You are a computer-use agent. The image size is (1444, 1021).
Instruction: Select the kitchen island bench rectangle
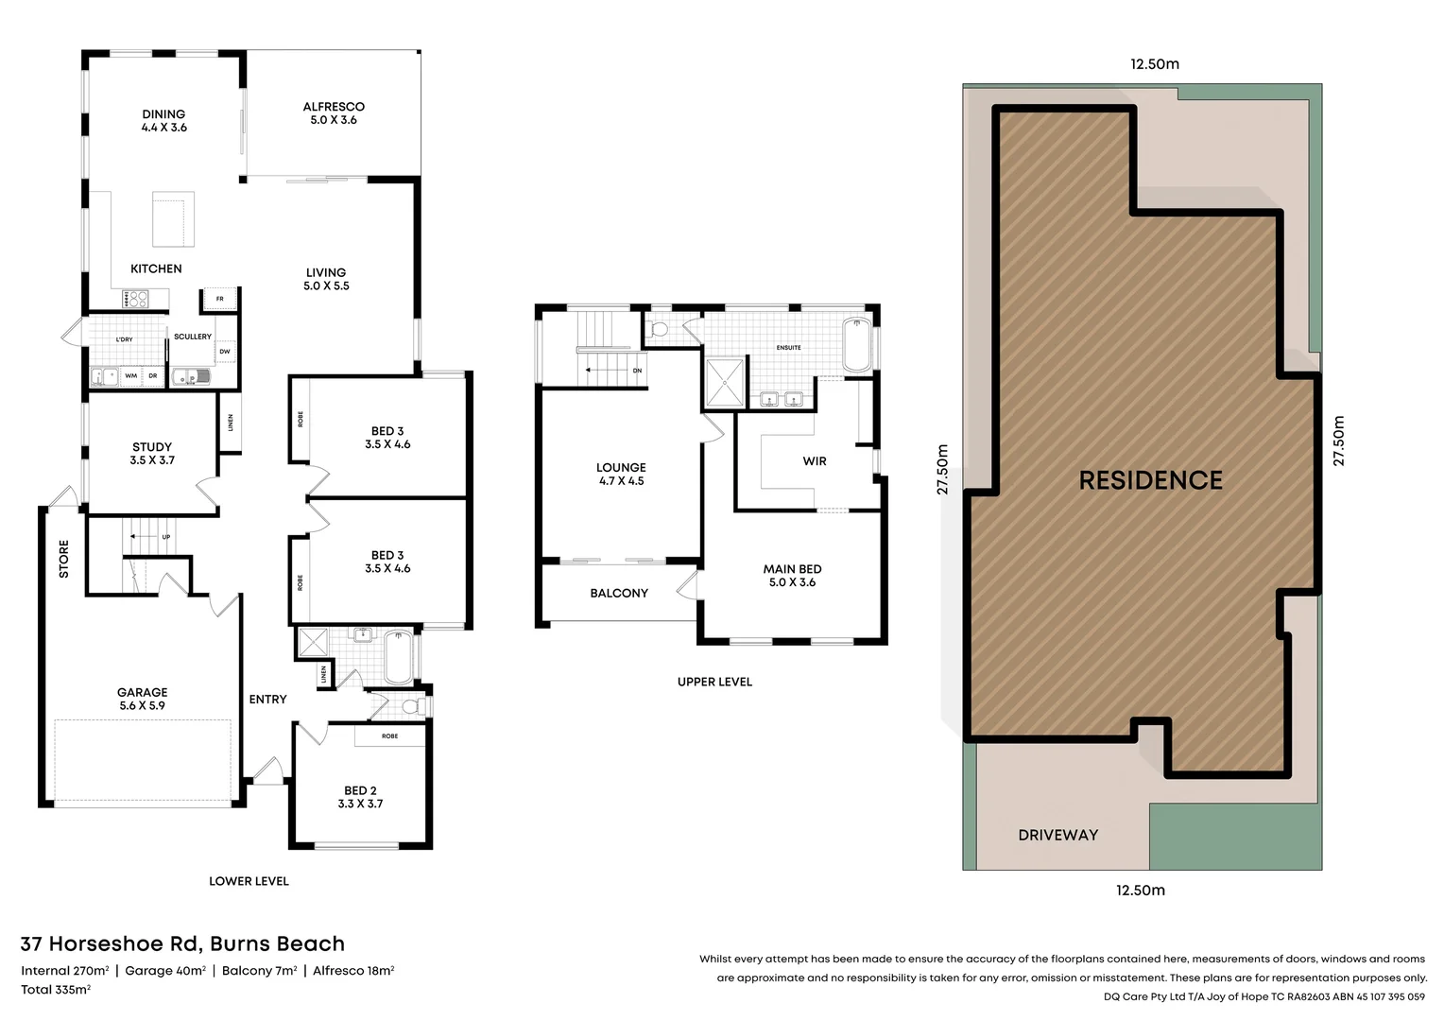174,218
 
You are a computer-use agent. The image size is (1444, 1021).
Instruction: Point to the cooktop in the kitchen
134,300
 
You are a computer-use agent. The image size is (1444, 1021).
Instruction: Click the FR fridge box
219,300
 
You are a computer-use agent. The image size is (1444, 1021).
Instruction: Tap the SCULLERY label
193,337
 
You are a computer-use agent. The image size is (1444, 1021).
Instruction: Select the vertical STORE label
64,559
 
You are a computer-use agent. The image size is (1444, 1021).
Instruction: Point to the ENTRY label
267,700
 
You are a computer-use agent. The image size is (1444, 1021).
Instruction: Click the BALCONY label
619,594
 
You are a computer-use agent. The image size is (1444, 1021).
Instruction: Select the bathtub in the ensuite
857,346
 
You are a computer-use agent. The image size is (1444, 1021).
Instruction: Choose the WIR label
815,461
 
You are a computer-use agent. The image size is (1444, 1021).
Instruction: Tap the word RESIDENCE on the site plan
1150,480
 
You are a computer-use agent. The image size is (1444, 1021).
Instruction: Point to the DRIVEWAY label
1057,835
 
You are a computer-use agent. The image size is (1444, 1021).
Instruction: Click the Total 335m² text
56,990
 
